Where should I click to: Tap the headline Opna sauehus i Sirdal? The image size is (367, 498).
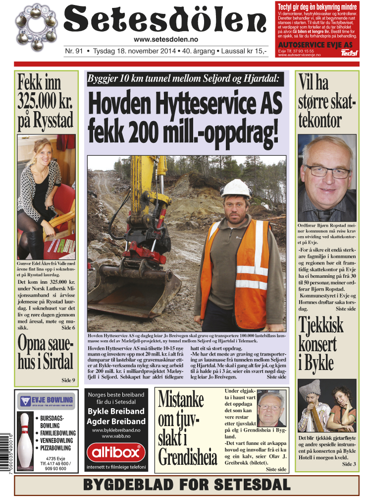coord(45,352)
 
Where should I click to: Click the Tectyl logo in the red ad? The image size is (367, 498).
coord(349,53)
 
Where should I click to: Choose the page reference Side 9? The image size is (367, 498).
coord(68,380)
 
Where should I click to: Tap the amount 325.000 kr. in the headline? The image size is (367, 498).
coord(45,101)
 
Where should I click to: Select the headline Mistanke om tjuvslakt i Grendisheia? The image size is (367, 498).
coord(187,430)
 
